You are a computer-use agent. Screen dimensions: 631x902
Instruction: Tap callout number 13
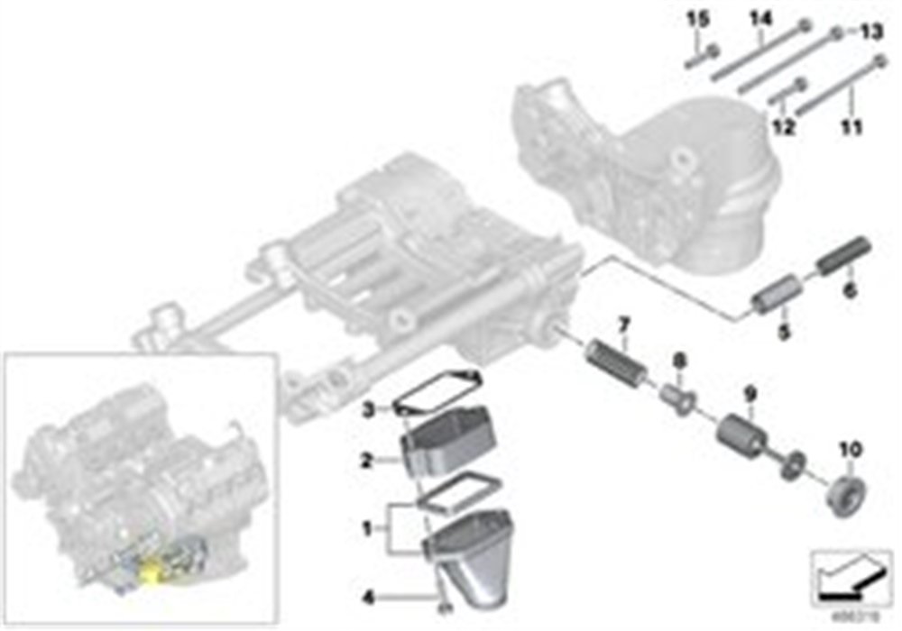[x=869, y=32]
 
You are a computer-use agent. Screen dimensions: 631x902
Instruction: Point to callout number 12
[x=782, y=127]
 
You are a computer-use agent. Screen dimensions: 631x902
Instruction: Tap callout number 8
[x=680, y=361]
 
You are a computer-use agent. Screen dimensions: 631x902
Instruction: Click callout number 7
[x=621, y=322]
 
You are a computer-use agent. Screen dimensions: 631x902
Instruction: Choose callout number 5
[x=784, y=333]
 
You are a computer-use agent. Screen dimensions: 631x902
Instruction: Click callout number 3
[x=368, y=410]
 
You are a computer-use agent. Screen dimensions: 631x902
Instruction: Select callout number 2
[x=368, y=460]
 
